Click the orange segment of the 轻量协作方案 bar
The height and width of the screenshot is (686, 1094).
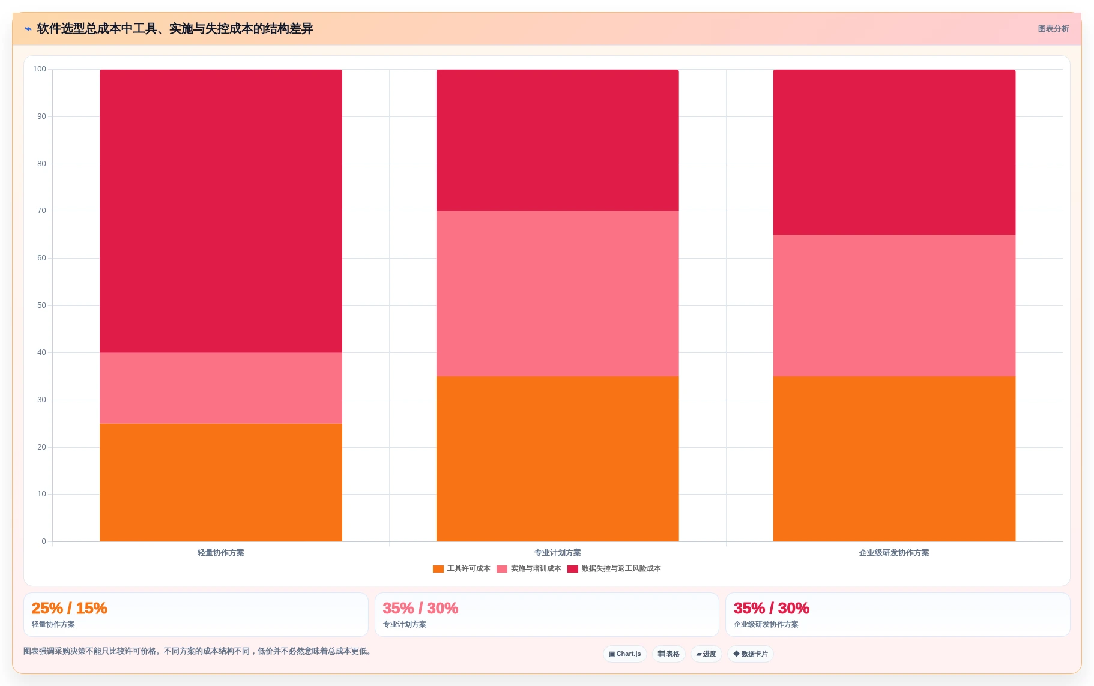pos(221,483)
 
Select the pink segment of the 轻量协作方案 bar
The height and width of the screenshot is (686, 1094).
pos(221,388)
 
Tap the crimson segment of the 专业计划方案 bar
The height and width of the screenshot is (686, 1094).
pos(558,140)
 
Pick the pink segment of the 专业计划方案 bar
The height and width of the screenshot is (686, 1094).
pos(558,293)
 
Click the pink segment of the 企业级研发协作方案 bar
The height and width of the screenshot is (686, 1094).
pos(894,305)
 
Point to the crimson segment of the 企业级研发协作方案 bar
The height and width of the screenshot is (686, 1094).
pos(894,152)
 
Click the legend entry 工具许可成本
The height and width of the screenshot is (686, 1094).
pos(462,568)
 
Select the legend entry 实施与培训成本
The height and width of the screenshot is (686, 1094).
pos(529,568)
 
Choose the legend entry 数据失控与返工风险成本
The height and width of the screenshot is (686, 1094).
pos(614,568)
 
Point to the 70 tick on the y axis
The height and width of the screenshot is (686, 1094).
pos(41,211)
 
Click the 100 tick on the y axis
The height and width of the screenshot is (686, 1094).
pos(40,69)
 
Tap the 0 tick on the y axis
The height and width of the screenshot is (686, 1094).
pos(44,541)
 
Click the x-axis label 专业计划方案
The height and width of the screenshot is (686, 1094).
pos(558,553)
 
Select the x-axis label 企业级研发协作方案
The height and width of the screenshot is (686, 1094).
pos(894,553)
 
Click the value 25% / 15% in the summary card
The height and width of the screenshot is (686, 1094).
pos(70,608)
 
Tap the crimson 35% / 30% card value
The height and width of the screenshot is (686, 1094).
pos(772,608)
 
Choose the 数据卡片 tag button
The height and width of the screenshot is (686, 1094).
pos(751,654)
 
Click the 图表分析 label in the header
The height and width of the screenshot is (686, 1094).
pos(1053,29)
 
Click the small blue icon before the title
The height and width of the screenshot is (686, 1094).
pos(28,29)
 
